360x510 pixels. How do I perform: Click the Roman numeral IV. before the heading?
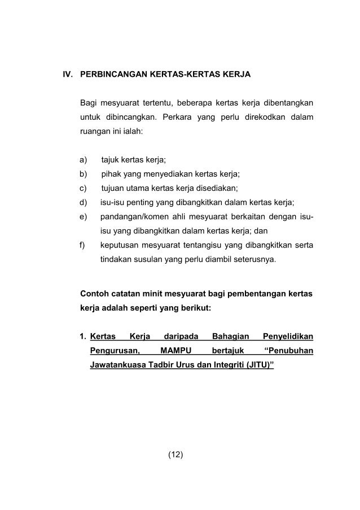pos(68,74)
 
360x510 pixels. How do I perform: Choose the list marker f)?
pos(84,246)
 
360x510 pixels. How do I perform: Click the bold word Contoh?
pos(94,294)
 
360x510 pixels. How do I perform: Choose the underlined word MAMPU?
pos(175,351)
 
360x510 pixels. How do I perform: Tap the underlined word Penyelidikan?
pos(284,337)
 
